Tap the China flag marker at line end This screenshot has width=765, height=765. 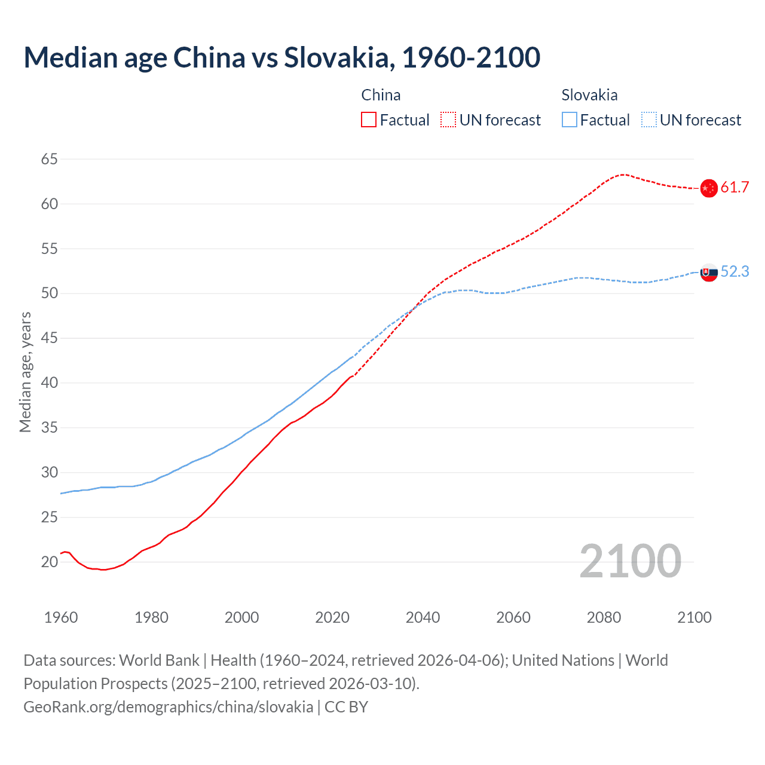click(708, 188)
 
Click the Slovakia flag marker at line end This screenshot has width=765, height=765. click(708, 272)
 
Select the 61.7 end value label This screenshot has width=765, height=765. click(735, 188)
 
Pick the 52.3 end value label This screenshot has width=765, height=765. click(735, 272)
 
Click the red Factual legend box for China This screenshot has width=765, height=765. click(369, 120)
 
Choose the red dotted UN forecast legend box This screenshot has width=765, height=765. click(448, 120)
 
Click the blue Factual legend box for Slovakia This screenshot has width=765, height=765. click(570, 120)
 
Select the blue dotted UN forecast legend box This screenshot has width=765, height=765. click(649, 120)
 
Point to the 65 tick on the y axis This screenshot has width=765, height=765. click(50, 160)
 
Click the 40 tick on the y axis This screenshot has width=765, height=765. click(50, 383)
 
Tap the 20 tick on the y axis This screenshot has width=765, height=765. click(50, 562)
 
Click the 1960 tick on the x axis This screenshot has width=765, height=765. click(61, 617)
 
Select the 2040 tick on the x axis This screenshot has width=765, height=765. click(423, 617)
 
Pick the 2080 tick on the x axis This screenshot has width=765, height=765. click(604, 617)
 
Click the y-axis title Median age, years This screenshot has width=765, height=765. click(25, 372)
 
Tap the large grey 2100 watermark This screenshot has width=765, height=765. click(630, 561)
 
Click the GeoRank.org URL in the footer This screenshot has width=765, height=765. click(168, 707)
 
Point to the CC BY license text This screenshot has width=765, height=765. click(346, 707)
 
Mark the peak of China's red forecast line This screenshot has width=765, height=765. click(623, 175)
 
